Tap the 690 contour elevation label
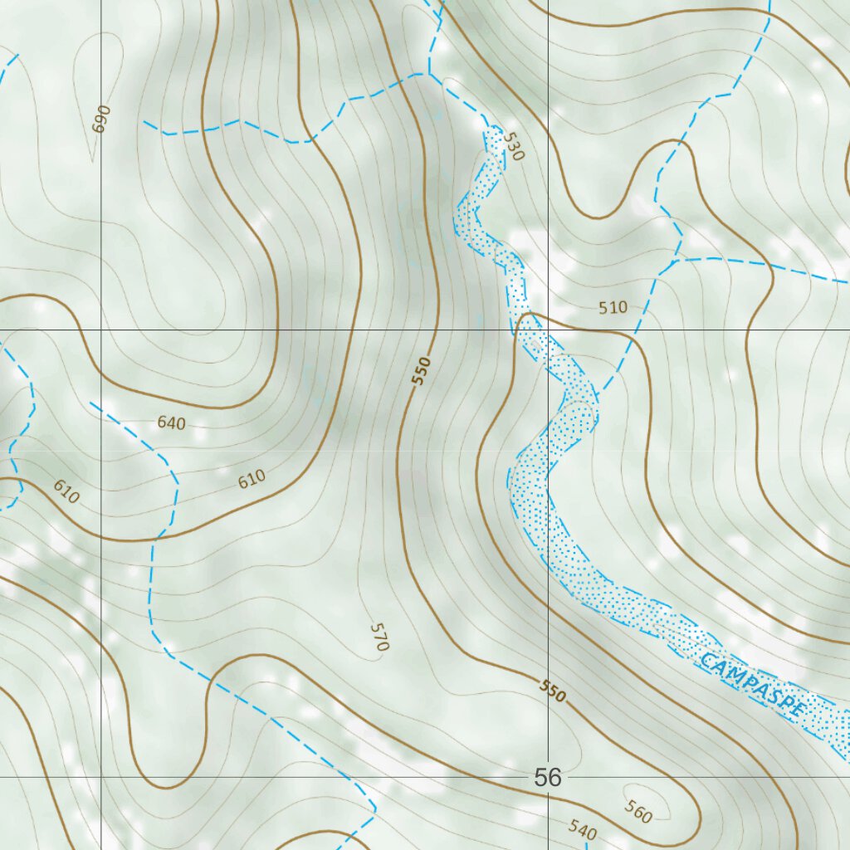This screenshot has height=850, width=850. pos(101,120)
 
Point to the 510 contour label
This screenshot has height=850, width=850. pos(613,308)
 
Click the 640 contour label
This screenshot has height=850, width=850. pos(171,423)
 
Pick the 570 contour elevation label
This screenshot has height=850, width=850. pos(379,636)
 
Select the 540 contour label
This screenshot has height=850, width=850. pos(583,828)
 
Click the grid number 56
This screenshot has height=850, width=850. pos(548,778)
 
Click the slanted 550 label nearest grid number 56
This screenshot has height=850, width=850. pos(553,691)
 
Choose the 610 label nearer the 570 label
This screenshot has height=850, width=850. pos(251,478)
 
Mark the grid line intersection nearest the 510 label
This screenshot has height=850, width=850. pos(548,330)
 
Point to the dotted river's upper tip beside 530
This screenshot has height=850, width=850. pos(494,130)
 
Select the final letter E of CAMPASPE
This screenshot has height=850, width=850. pos(799,711)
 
